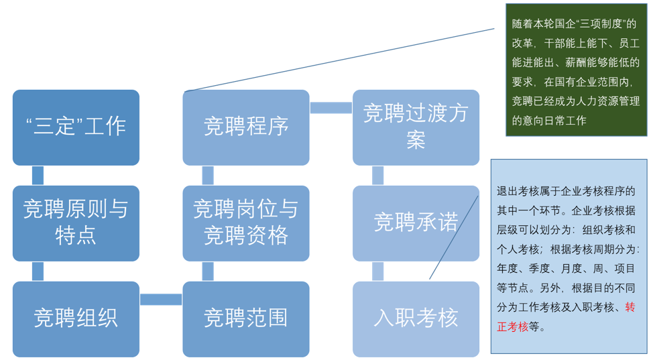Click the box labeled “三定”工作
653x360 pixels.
pos(76,127)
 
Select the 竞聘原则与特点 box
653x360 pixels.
pos(76,223)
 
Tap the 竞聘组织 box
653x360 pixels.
pos(76,318)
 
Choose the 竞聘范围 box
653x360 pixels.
pos(246,318)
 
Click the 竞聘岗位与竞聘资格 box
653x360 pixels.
pos(246,223)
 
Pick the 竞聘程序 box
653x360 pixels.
pos(246,127)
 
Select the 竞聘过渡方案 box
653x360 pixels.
pos(416,127)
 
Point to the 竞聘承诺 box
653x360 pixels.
pos(416,223)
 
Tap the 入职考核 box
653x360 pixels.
pos(416,318)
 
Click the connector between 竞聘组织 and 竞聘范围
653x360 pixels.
pos(161,299)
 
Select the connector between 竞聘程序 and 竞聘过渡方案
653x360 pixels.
pos(331,108)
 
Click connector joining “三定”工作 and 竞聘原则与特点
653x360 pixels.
pos(38,176)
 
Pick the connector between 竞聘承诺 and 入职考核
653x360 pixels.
pos(377,271)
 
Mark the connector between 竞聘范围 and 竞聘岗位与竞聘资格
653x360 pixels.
pos(208,271)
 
